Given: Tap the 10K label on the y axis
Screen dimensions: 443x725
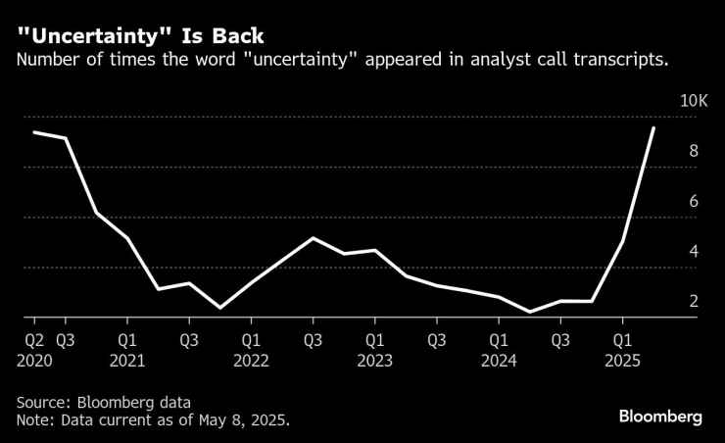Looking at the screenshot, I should [x=694, y=101].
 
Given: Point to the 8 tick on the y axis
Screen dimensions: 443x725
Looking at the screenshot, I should [x=694, y=151].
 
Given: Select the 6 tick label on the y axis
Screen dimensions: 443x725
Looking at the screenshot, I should [x=694, y=201].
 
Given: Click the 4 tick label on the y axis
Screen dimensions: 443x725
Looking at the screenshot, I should [x=694, y=251].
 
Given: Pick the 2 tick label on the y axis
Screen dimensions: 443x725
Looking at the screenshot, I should [x=694, y=301].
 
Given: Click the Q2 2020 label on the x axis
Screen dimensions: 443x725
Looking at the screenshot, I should [x=34, y=349].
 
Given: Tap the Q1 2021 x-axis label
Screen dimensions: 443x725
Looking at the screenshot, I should [x=127, y=349].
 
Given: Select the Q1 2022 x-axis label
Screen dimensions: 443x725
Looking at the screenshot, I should [x=251, y=349].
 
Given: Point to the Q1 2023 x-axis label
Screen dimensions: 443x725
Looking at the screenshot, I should [x=374, y=349].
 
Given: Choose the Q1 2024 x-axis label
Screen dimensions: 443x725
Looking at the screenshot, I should [x=498, y=349].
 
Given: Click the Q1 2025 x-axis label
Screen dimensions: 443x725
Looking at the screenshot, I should [x=621, y=349].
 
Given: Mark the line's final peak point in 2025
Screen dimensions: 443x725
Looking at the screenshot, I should [x=653, y=127].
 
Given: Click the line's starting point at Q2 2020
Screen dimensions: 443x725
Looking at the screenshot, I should [x=34, y=132].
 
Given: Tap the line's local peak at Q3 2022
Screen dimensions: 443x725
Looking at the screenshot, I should [x=313, y=238].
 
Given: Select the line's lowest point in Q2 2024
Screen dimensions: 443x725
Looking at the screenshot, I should [x=530, y=312].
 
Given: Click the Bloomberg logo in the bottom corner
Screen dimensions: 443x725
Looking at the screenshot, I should [x=659, y=417].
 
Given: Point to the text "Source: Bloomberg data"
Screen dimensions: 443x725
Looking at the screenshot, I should [x=103, y=402].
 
